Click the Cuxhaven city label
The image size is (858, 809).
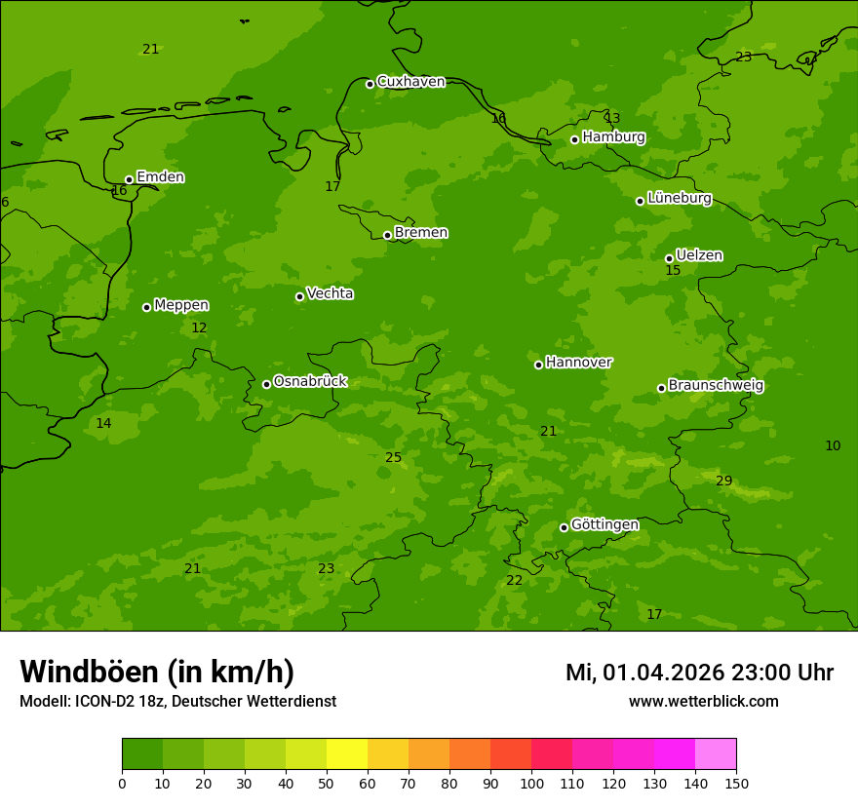coord(410,82)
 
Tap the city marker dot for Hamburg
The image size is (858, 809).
coord(574,139)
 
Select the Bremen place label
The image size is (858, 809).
coord(421,233)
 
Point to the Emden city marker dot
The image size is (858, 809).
coord(129,179)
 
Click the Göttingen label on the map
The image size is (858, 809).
coord(604,525)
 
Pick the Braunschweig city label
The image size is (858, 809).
coord(716,386)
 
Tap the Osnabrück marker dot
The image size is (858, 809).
coord(266,384)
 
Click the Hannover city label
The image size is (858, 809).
coord(579,363)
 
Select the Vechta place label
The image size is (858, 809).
coord(330,293)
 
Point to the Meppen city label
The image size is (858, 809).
coord(181,306)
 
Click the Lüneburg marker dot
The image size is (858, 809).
coord(640,201)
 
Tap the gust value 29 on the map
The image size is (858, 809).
coord(723,482)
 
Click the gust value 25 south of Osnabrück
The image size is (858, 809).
coord(393,458)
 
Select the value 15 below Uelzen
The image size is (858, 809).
coord(673,271)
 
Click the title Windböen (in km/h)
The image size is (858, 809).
coord(157,673)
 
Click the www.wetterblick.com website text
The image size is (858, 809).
coord(703,702)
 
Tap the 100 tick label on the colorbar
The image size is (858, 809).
coord(531,783)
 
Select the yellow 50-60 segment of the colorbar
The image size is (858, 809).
coord(347,754)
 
